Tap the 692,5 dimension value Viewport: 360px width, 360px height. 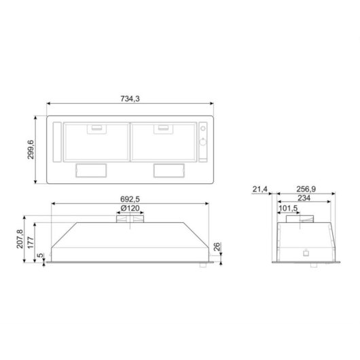point(130,199)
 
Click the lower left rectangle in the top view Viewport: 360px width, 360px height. point(94,170)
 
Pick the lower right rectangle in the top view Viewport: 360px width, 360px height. point(167,170)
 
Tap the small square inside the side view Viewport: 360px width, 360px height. point(305,253)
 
